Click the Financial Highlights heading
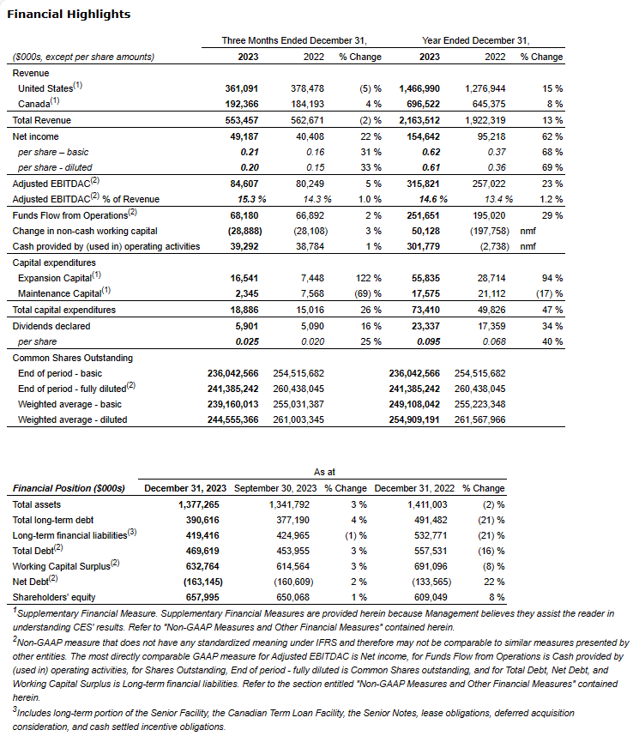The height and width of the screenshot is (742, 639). coord(69,15)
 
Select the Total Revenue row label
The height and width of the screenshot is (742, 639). coord(42,120)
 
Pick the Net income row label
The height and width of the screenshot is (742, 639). coord(35,136)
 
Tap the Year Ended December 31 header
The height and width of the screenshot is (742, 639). coord(476,40)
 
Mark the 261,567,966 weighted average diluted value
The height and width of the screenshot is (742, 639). coord(479,420)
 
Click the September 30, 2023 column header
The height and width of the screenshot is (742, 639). coord(274,488)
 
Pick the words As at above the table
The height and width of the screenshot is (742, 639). coord(325,473)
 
